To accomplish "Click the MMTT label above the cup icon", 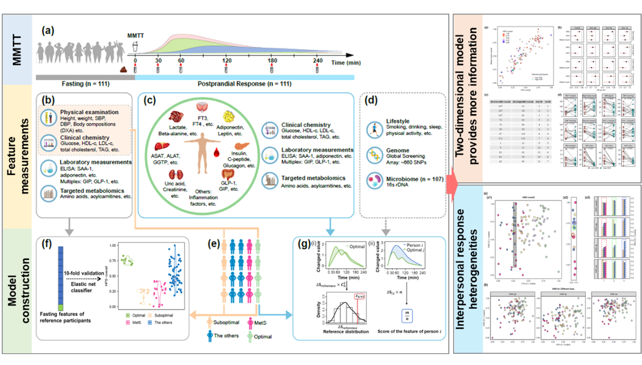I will point(135,35).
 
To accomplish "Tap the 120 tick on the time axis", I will point(227,61).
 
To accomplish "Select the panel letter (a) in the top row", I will point(48,31).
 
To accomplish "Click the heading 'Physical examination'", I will point(89,112).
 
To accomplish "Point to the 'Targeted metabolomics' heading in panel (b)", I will point(92,191).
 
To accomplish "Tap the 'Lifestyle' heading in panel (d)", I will point(398,121).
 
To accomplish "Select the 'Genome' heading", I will point(398,150).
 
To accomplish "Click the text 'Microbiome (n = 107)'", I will point(415,179).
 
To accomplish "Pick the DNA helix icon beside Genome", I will point(375,155).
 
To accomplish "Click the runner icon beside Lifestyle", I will point(375,129).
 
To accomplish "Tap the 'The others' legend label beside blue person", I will point(226,335).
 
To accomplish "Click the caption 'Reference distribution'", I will point(346,332).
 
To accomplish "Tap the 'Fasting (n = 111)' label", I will point(85,84).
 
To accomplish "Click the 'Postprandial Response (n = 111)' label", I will point(244,84).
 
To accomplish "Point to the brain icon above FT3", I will point(202,107).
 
